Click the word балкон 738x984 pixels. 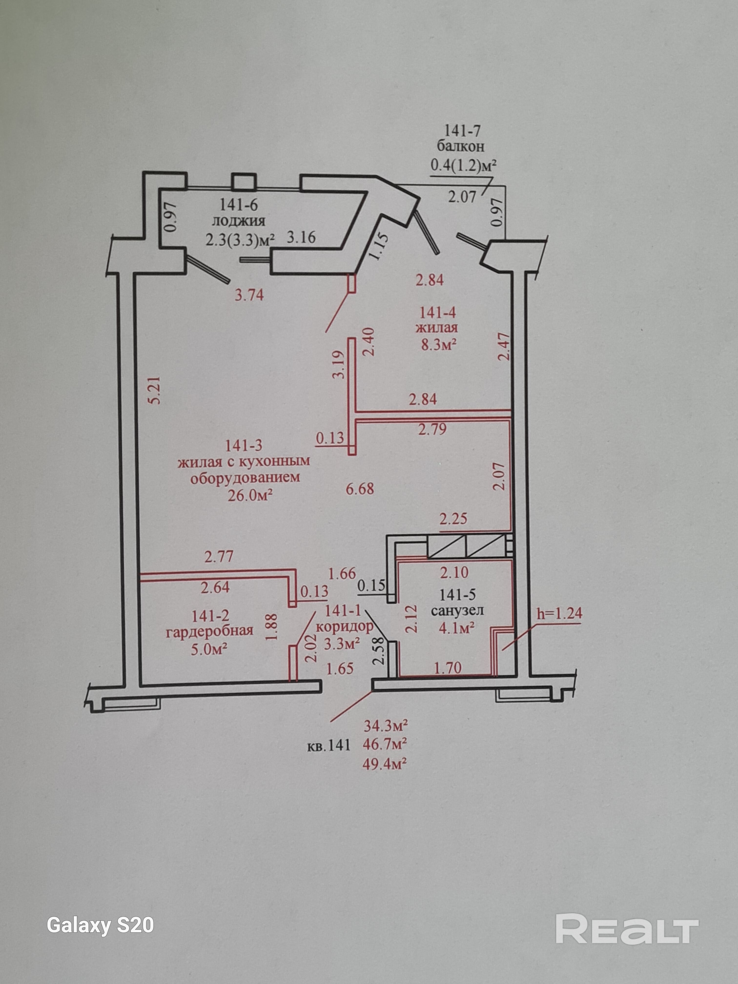coord(461,146)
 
